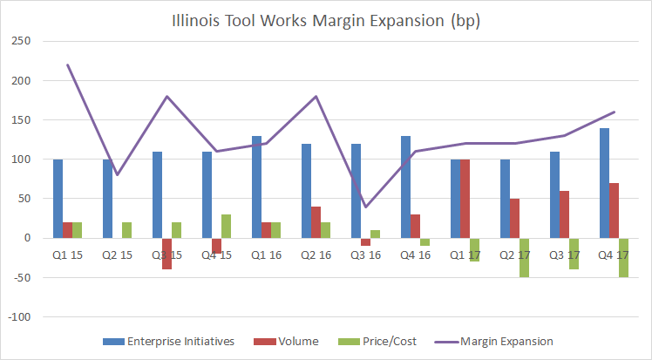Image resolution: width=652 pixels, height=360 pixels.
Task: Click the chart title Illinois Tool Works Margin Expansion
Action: point(325,20)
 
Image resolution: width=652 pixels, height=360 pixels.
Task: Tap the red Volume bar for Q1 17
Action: point(465,199)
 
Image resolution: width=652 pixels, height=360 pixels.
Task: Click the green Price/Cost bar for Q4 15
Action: point(227,226)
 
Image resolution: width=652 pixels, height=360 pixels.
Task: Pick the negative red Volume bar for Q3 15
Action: point(166,254)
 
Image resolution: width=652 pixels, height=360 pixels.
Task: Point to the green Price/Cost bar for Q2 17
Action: point(525,257)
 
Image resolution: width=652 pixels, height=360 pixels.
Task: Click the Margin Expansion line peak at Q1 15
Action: point(67,65)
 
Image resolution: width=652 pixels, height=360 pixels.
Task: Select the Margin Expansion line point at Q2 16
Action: point(316,97)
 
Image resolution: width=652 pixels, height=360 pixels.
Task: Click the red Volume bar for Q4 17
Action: point(615,210)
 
